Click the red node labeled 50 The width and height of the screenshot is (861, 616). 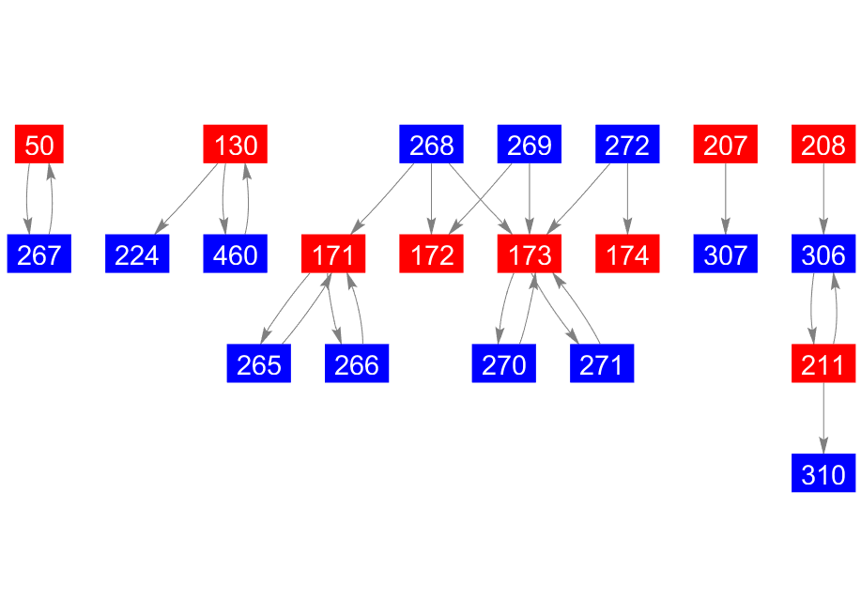pyautogui.click(x=39, y=146)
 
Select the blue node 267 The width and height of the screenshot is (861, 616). pyautogui.click(x=39, y=254)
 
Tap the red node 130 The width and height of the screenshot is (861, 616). pyautogui.click(x=236, y=146)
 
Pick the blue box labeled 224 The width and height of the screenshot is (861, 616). pyautogui.click(x=137, y=254)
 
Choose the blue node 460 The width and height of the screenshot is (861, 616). pyautogui.click(x=236, y=254)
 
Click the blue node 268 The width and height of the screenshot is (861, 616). pyautogui.click(x=432, y=146)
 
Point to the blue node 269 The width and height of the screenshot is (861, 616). pyautogui.click(x=530, y=146)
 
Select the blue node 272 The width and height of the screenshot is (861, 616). pyautogui.click(x=627, y=146)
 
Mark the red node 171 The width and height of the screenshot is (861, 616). pyautogui.click(x=333, y=254)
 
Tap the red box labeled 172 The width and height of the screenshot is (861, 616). pyautogui.click(x=432, y=254)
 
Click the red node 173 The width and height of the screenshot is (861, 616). pyautogui.click(x=530, y=254)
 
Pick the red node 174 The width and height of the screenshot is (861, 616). pyautogui.click(x=627, y=254)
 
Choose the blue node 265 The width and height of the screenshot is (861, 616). pyautogui.click(x=259, y=364)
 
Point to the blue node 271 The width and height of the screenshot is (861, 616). pyautogui.click(x=602, y=364)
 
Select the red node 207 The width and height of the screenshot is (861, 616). pyautogui.click(x=726, y=146)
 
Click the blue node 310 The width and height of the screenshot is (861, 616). pyautogui.click(x=823, y=473)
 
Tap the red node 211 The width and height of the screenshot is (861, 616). pyautogui.click(x=823, y=364)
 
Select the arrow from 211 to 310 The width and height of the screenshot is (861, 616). pyautogui.click(x=823, y=419)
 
